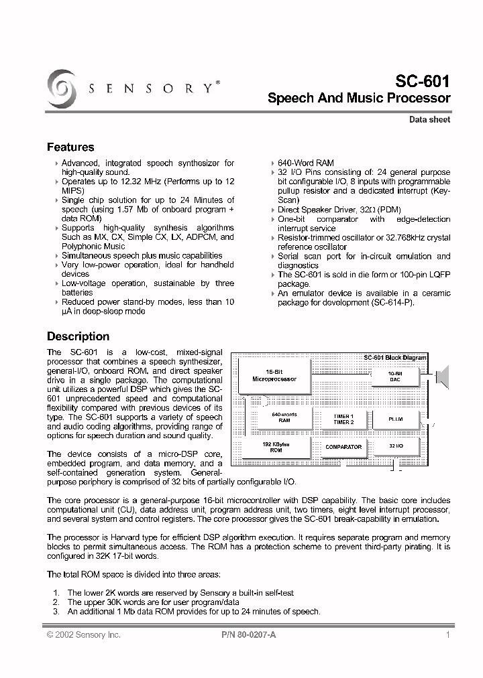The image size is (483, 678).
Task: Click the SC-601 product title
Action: coord(423,80)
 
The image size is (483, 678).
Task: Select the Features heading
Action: coord(70,147)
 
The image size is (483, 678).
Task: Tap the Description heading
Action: coord(78,336)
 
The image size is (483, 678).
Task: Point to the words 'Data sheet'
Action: coord(430,120)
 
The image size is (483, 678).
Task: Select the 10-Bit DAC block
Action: coord(395,376)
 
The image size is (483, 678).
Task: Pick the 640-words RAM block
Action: coord(284,417)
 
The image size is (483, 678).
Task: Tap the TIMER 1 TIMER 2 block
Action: coord(343,419)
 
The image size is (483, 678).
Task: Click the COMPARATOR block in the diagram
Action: coord(343,446)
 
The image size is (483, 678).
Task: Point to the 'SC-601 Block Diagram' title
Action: coord(394,358)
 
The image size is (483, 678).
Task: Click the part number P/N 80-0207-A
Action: coord(248,635)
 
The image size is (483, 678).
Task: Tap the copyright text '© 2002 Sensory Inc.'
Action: coord(83,635)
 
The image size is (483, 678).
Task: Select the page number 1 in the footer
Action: coord(447,635)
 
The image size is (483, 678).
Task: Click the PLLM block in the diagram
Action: coord(396,419)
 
